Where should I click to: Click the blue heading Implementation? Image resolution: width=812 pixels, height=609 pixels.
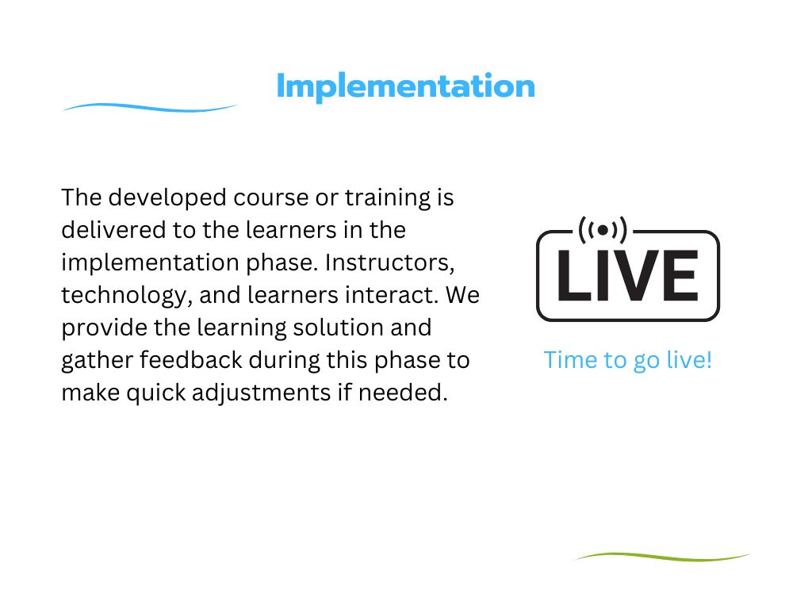(x=405, y=86)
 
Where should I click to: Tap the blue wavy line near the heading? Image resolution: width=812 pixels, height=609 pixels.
(x=151, y=107)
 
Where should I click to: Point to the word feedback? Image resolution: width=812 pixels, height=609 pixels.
(x=191, y=360)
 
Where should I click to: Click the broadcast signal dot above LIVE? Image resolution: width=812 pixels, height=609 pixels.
(x=603, y=230)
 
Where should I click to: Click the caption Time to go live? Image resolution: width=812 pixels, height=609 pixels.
(x=627, y=360)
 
